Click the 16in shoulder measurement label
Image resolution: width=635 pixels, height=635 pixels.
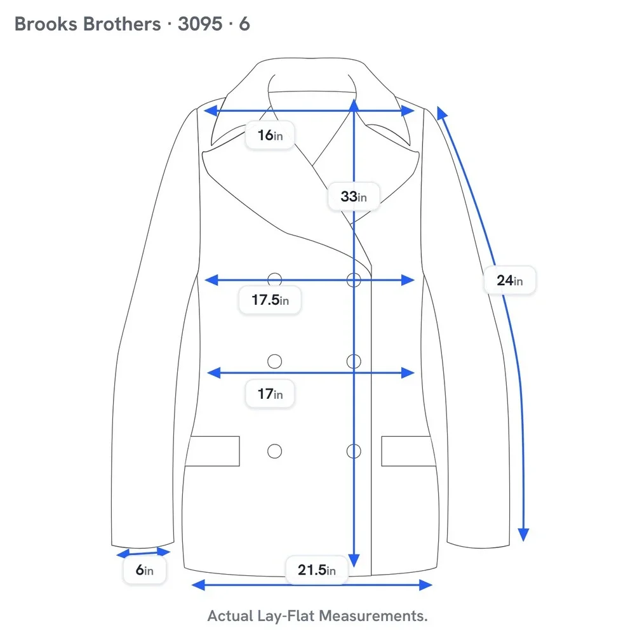pyautogui.click(x=270, y=135)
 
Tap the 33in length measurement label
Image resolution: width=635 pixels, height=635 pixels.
pyautogui.click(x=354, y=196)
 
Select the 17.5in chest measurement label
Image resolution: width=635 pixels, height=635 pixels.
pyautogui.click(x=270, y=300)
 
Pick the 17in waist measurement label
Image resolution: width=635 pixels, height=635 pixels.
pyautogui.click(x=270, y=393)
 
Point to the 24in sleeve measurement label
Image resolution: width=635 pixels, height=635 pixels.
pyautogui.click(x=510, y=280)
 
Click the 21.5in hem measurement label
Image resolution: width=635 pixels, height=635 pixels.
pyautogui.click(x=317, y=570)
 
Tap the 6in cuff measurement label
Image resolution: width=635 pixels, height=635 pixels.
pyautogui.click(x=145, y=570)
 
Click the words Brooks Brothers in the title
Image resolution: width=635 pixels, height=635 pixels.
pyautogui.click(x=88, y=24)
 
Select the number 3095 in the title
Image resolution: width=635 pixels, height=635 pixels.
pyautogui.click(x=200, y=24)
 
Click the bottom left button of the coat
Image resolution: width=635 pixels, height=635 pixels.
pyautogui.click(x=274, y=451)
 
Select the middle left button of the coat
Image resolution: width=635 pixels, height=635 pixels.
pyautogui.click(x=274, y=361)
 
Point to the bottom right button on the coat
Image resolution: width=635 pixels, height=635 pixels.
pyautogui.click(x=354, y=451)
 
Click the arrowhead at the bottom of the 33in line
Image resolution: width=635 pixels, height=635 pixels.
pyautogui.click(x=354, y=560)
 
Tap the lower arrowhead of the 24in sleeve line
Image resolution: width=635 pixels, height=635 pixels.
pyautogui.click(x=524, y=535)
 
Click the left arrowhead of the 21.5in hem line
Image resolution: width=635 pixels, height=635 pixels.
pyautogui.click(x=198, y=585)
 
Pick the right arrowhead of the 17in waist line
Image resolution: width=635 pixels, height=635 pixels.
pyautogui.click(x=408, y=373)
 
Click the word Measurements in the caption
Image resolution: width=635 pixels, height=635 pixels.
pyautogui.click(x=373, y=616)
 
